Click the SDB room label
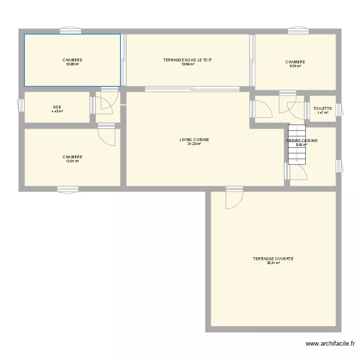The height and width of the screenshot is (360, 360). (57, 107)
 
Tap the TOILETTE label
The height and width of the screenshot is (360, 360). (322, 108)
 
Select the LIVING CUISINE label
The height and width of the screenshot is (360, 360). (194, 140)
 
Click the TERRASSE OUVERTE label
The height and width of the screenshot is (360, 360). (273, 259)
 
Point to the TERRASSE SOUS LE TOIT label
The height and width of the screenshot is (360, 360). (188, 60)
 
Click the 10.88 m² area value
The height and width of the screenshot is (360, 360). (72, 64)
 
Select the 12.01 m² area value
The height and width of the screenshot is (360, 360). (72, 161)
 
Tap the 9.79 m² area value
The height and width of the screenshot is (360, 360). (295, 66)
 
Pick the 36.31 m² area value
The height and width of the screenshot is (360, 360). (273, 263)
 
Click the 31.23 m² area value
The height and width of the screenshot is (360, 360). (194, 144)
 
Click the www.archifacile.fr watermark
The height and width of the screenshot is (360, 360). (330, 344)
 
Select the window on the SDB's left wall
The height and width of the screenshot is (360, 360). (20, 105)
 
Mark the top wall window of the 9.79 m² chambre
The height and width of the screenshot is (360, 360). (298, 32)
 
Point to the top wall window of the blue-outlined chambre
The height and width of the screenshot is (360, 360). (70, 32)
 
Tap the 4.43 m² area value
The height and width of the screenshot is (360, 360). (57, 111)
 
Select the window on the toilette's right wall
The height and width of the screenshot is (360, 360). (339, 110)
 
